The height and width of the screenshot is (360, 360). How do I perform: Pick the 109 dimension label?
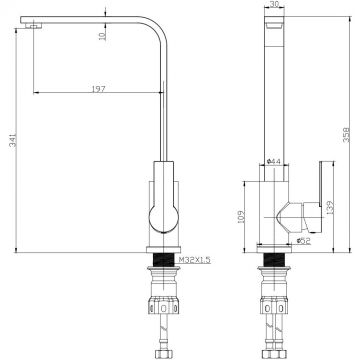pyautogui.click(x=238, y=216)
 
